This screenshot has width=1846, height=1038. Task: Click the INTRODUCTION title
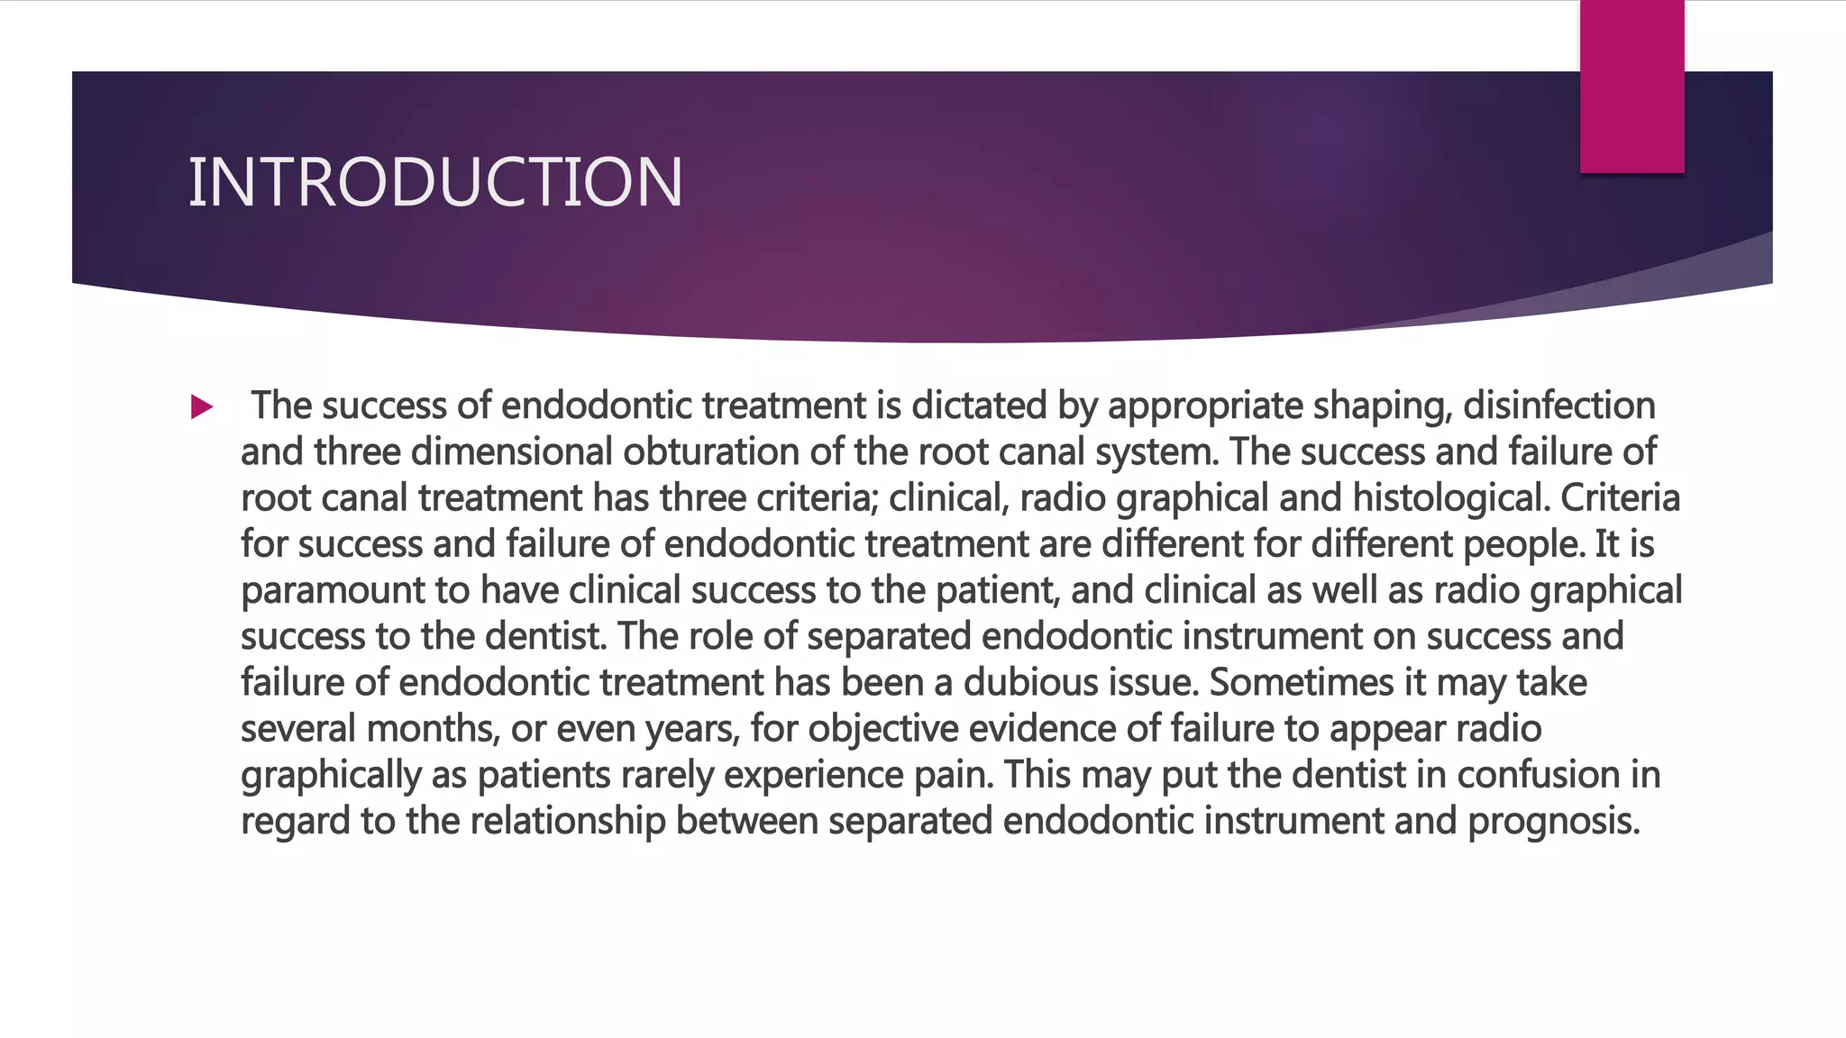point(435,183)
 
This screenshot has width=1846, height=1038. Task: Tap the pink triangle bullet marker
point(202,407)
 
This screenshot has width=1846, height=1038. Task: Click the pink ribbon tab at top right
point(1631,86)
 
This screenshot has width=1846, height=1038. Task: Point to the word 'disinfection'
point(1558,406)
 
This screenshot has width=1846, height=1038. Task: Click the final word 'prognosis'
point(1553,822)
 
